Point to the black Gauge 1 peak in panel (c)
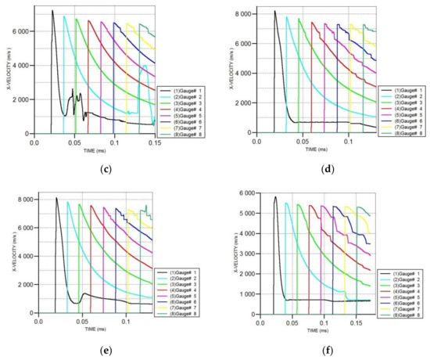[x=52, y=11]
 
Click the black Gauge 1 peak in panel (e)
[x=56, y=198]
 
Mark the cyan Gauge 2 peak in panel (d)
[x=287, y=17]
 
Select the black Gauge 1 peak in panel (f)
[x=275, y=196]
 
